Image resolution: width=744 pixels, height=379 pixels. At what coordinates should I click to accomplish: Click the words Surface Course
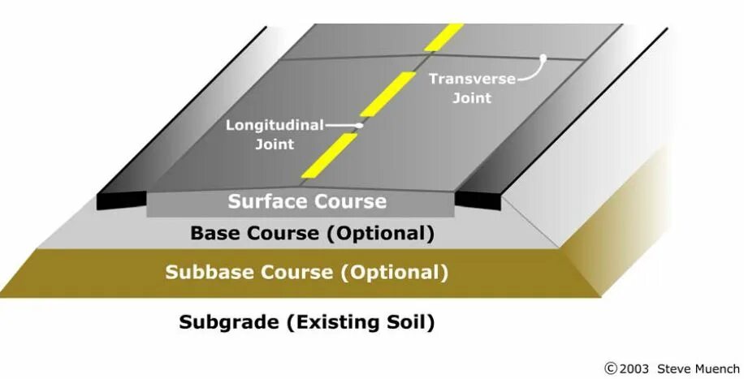point(307,200)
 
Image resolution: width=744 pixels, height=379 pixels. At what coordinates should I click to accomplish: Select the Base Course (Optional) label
point(312,234)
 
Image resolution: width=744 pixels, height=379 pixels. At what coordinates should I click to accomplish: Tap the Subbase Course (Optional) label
point(306,272)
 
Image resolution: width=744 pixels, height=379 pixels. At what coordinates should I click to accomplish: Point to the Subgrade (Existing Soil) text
point(307,322)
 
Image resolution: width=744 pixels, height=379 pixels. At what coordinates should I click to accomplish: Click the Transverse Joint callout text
point(461,88)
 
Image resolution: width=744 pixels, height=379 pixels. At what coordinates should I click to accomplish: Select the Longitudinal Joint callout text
point(275,134)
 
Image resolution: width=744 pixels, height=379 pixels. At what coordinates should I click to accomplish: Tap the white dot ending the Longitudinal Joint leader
point(359,126)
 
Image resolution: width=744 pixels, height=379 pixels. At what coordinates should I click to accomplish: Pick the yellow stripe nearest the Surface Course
point(329,156)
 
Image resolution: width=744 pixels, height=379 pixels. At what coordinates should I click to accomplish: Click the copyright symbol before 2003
point(611,368)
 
